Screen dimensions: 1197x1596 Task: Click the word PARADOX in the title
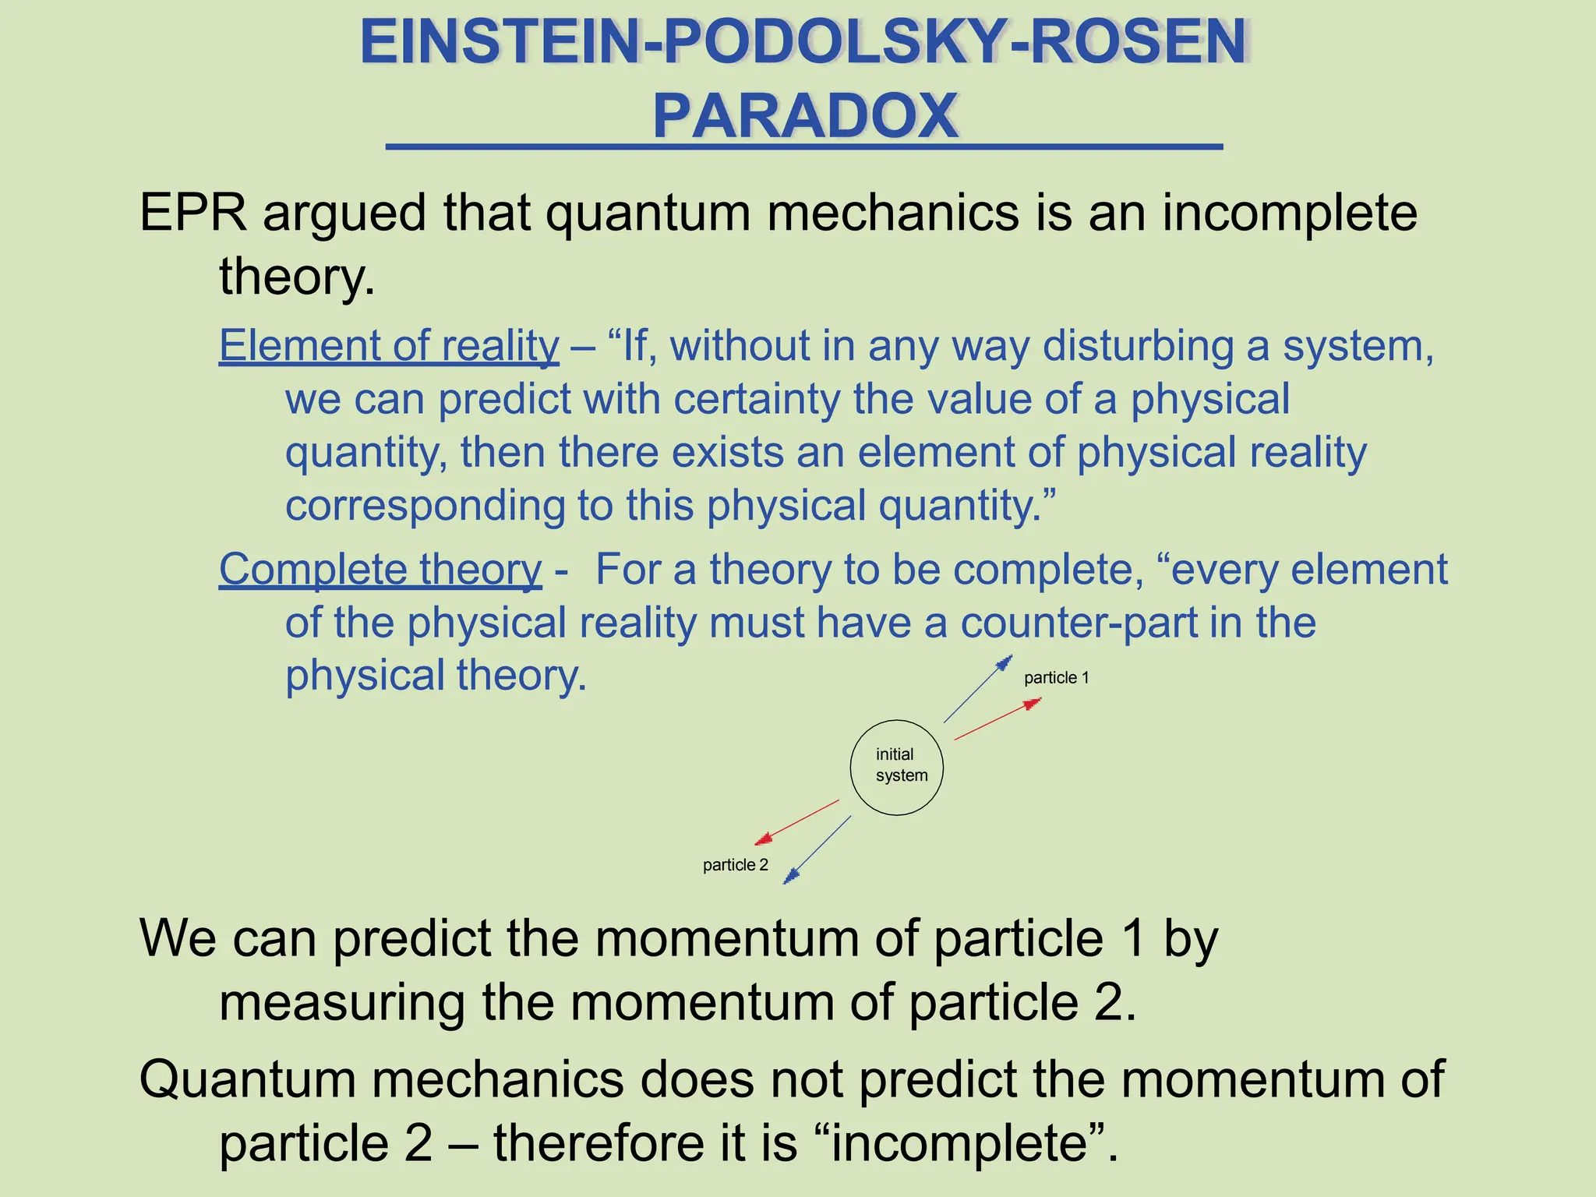click(x=805, y=116)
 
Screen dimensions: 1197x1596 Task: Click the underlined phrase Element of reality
click(x=389, y=345)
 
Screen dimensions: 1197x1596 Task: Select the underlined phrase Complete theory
click(x=380, y=569)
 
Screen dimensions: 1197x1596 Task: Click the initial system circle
click(x=896, y=768)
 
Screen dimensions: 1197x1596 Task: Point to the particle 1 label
click(x=1056, y=678)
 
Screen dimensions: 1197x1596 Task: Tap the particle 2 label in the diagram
click(x=735, y=865)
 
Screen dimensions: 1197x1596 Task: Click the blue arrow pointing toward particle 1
click(x=978, y=689)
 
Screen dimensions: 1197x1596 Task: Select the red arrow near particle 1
click(x=997, y=719)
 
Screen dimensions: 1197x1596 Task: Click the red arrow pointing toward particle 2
click(x=796, y=823)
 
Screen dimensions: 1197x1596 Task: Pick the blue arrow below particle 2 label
click(x=817, y=850)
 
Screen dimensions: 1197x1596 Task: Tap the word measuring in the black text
click(x=342, y=1002)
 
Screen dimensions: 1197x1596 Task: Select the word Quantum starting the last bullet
click(x=248, y=1080)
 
